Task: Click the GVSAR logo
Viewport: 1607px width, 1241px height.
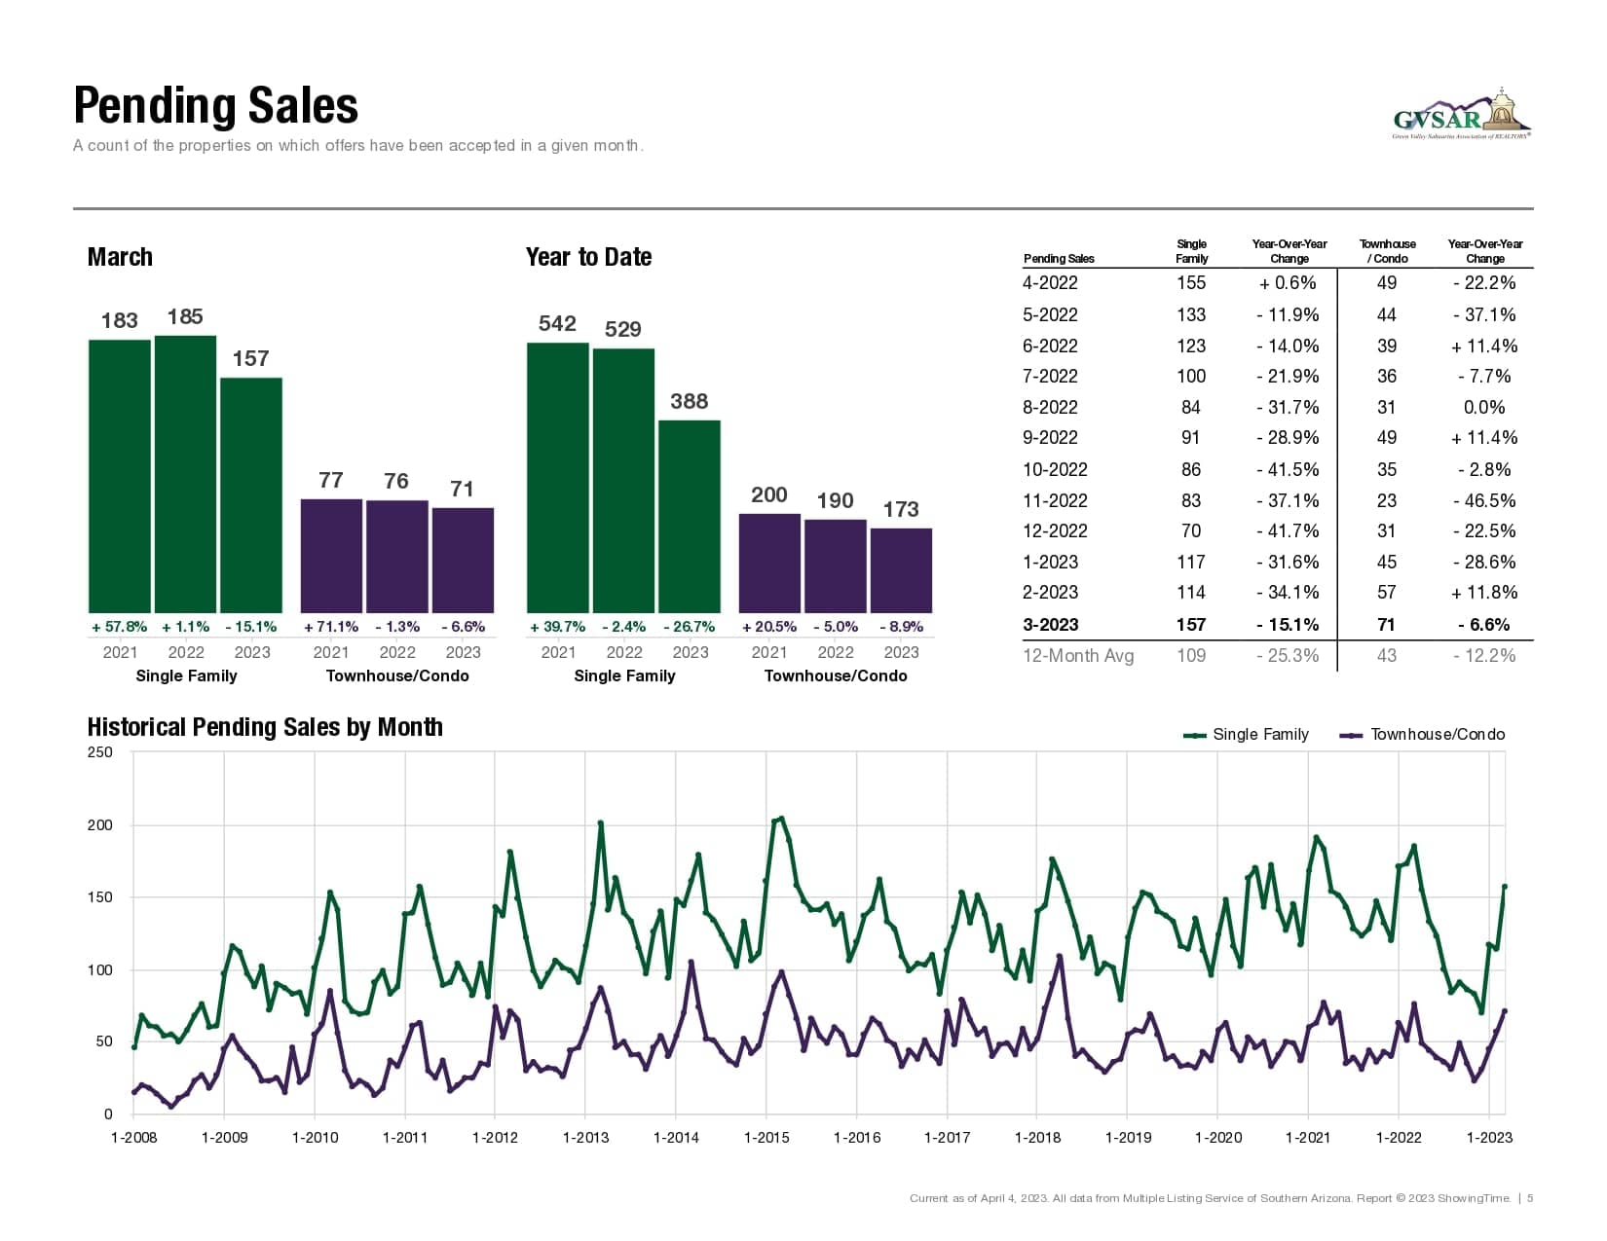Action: [x=1461, y=115]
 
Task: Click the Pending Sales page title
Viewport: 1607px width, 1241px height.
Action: [x=215, y=106]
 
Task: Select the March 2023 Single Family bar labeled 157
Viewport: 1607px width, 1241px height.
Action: [x=251, y=494]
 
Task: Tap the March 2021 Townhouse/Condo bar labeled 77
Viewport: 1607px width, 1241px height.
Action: [x=331, y=555]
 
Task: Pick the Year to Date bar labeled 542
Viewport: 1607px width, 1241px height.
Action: [x=558, y=477]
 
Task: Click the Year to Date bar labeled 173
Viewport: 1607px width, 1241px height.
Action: [x=901, y=569]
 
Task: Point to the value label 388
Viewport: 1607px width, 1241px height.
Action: [x=689, y=401]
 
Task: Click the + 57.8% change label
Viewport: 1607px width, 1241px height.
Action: [x=120, y=627]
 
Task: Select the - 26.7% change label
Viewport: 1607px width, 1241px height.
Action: [x=689, y=627]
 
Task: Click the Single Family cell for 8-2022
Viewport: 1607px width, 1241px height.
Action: [x=1190, y=407]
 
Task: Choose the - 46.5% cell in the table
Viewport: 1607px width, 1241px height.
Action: [x=1484, y=500]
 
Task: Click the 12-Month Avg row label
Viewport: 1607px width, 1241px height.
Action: [x=1077, y=655]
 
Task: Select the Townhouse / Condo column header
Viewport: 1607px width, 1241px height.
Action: [x=1387, y=251]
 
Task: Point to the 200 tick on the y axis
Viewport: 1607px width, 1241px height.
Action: [x=100, y=825]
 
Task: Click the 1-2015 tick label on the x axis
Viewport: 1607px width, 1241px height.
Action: [x=766, y=1137]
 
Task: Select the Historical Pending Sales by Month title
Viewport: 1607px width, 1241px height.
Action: [x=265, y=727]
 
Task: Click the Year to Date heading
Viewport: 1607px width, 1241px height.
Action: [x=588, y=257]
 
